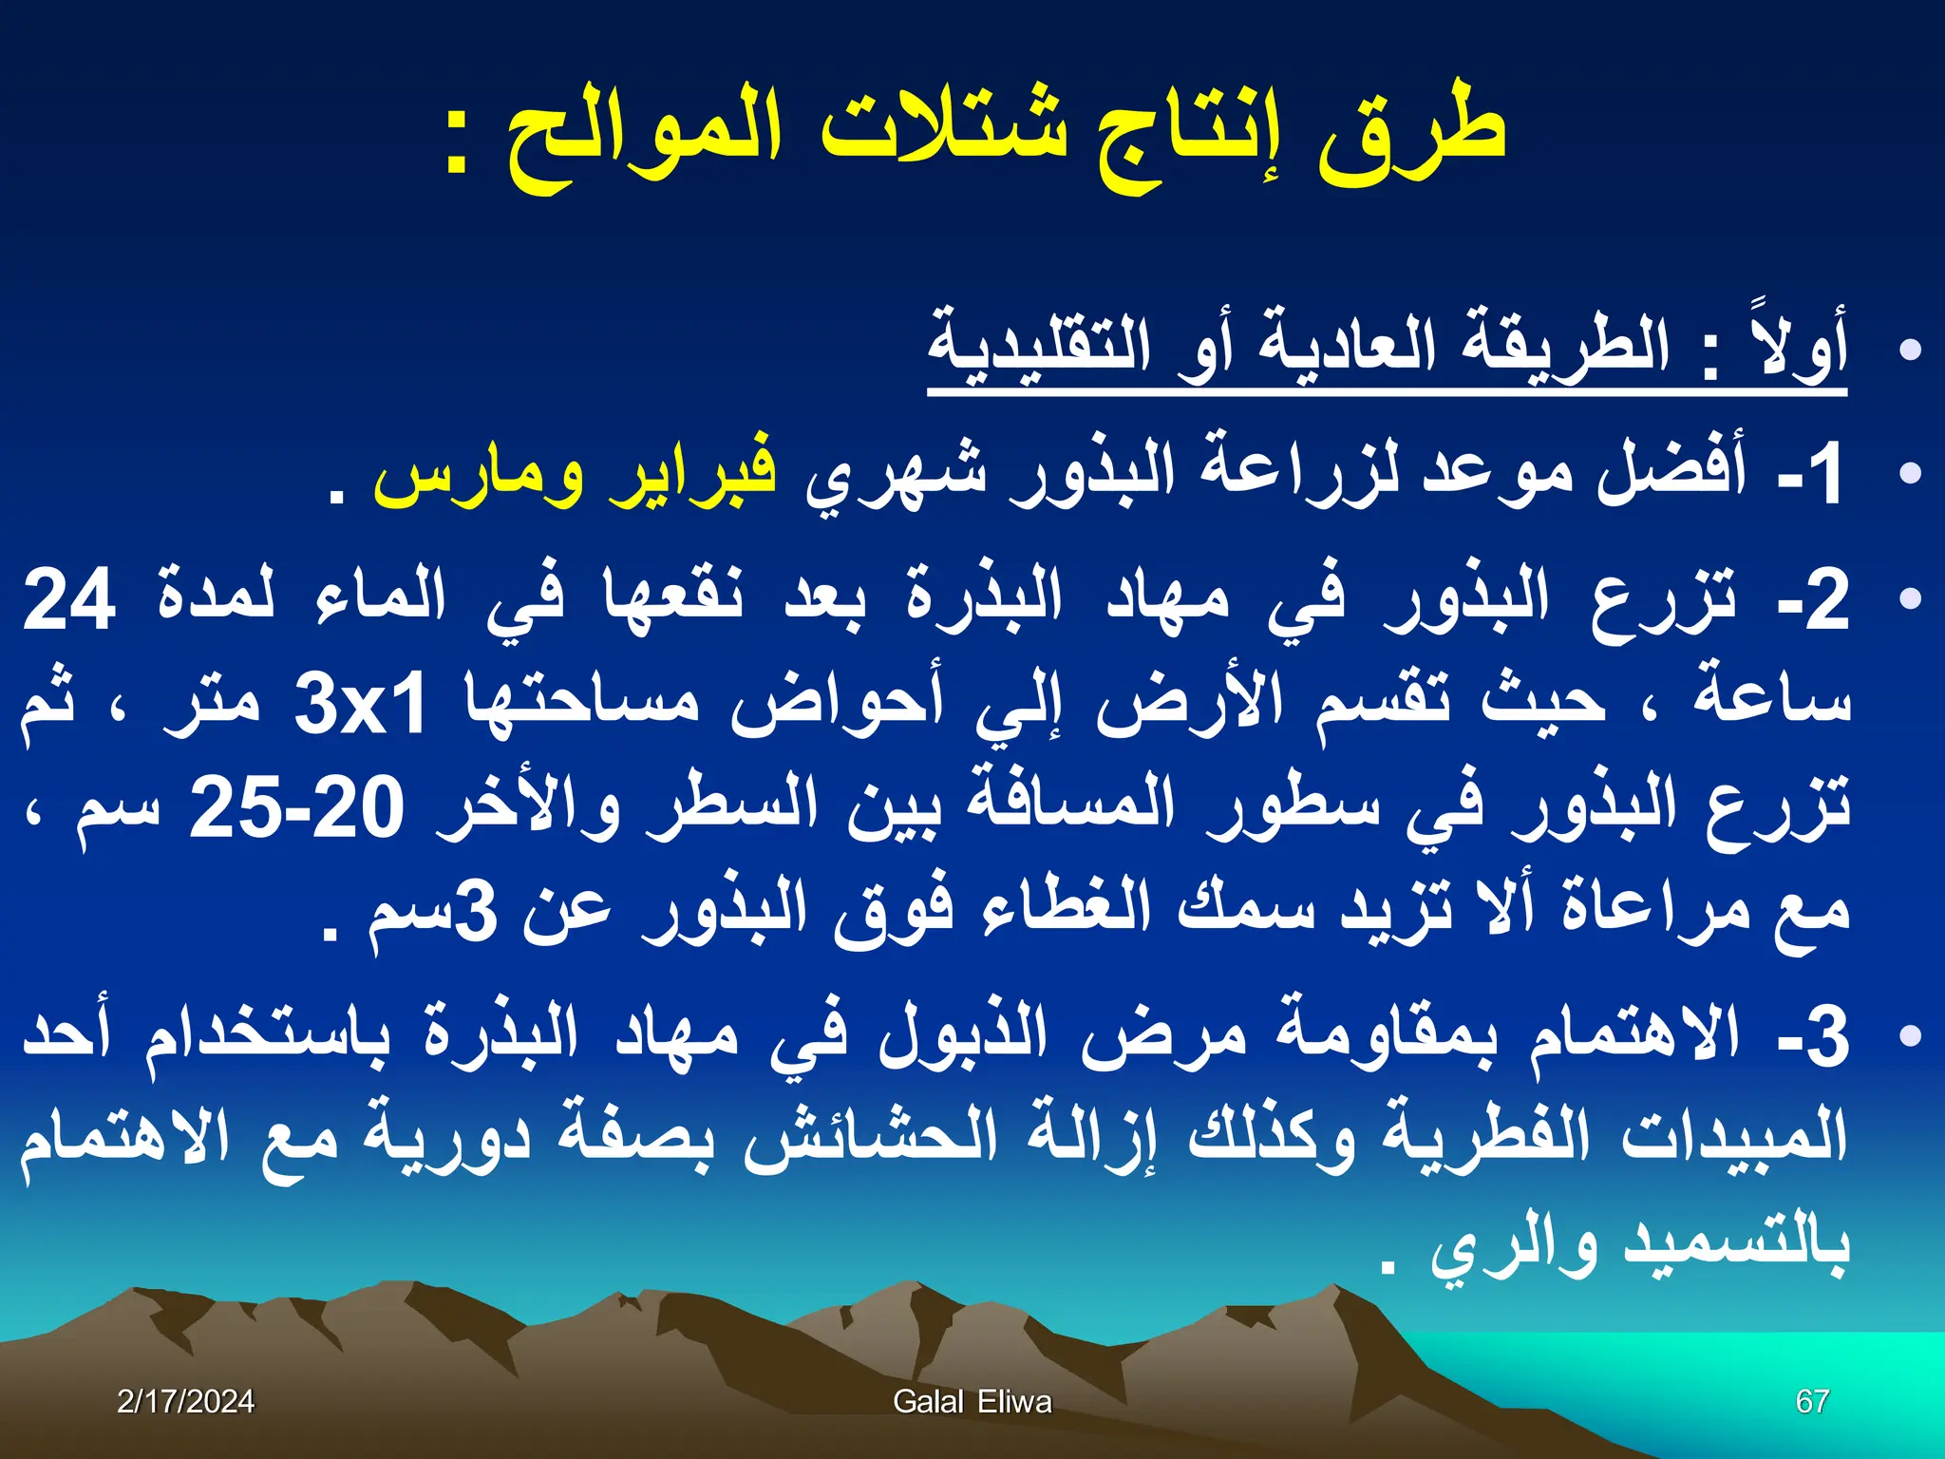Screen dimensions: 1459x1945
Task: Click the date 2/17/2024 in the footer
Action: coord(185,1401)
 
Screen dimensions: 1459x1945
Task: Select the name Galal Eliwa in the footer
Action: coord(972,1401)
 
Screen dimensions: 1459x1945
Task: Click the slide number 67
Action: coord(1812,1401)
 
